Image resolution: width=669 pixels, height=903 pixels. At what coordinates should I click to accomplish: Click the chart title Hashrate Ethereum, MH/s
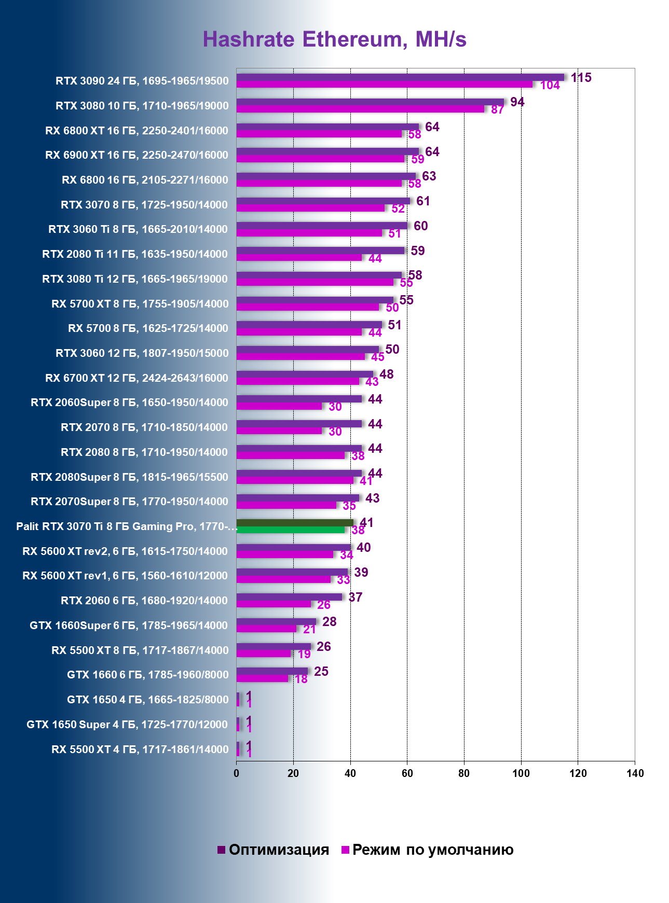coord(334,39)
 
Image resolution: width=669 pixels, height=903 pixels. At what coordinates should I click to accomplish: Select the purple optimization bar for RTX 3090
coord(400,77)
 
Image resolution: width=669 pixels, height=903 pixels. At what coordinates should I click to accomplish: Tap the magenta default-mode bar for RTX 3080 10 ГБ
coord(360,109)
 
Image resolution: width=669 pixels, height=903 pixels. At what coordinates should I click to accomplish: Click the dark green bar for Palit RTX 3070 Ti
coord(294,523)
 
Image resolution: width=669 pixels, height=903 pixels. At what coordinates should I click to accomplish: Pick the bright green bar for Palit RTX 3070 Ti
coord(291,530)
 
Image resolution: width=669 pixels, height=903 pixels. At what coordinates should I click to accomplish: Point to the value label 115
coord(581,78)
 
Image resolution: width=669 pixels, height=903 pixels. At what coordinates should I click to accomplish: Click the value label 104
coord(550,86)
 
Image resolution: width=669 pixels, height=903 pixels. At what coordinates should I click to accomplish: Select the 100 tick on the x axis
coord(521,773)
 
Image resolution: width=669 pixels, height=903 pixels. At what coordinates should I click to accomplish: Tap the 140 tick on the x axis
coord(634,773)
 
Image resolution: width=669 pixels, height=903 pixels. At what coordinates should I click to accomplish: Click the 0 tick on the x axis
coord(237,773)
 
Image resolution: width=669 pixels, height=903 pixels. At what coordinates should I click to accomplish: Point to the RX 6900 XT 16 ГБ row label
coord(136,155)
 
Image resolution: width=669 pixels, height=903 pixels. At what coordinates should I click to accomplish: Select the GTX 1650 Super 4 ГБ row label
coord(127,725)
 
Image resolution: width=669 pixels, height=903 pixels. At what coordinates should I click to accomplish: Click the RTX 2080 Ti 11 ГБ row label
coord(135,254)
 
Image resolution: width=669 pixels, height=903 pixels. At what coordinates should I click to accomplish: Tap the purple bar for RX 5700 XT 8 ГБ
coord(315,300)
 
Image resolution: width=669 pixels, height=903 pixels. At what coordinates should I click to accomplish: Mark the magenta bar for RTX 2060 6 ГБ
coord(274,604)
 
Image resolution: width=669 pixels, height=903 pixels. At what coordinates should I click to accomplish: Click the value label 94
coord(517,102)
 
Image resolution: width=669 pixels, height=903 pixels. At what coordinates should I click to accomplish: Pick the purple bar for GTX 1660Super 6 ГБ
coord(276,621)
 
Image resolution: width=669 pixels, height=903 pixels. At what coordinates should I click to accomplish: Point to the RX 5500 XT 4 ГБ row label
coord(140,749)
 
